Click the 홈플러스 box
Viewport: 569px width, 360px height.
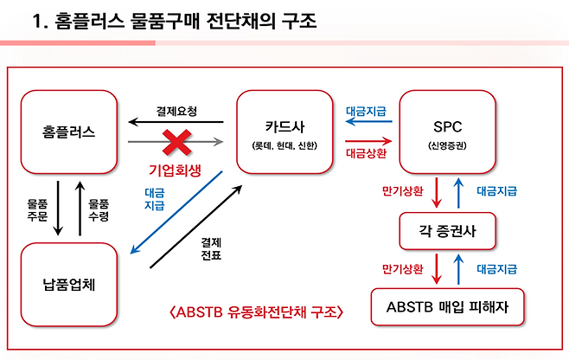68,132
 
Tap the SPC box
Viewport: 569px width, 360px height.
448,132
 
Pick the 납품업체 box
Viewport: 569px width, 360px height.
68,284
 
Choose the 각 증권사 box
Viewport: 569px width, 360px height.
448,232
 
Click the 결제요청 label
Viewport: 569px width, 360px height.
176,112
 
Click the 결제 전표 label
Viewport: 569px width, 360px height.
211,249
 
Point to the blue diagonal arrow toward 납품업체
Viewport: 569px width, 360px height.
176,212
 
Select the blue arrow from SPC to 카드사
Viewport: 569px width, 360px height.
370,123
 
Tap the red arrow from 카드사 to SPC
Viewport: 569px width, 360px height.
370,141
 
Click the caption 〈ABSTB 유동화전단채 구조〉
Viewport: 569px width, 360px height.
256,312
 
